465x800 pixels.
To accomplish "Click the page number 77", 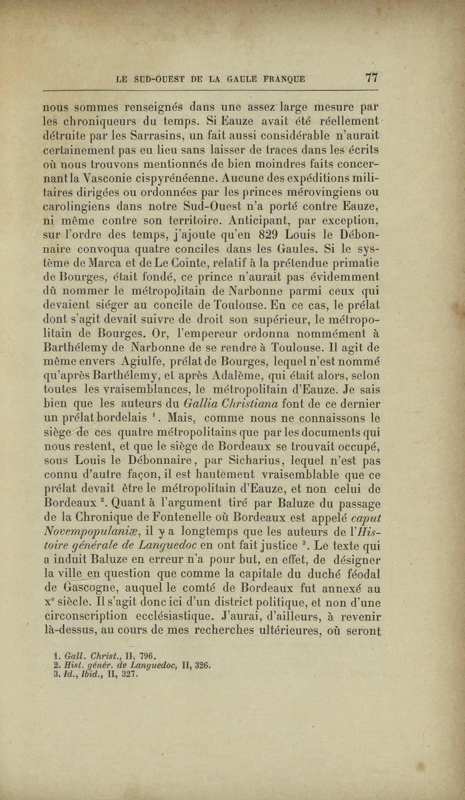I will coord(372,78).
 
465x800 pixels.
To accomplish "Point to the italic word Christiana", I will coord(250,404).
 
